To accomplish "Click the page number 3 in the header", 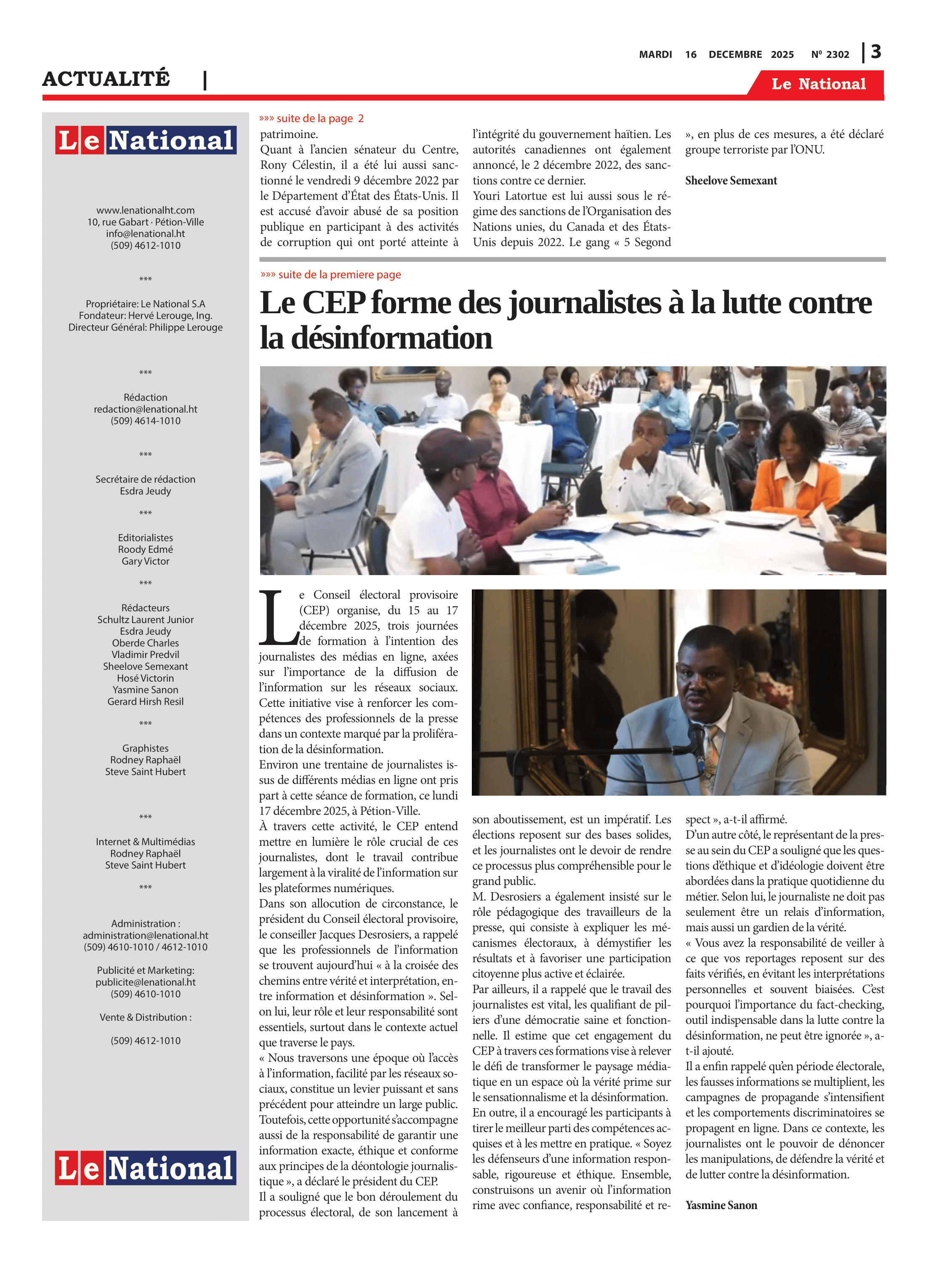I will pyautogui.click(x=876, y=52).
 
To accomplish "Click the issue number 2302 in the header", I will pyautogui.click(x=838, y=54).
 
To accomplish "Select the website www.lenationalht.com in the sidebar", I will pyautogui.click(x=145, y=210).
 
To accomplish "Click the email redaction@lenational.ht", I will pyautogui.click(x=145, y=409).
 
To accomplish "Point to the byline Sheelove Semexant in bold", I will pyautogui.click(x=731, y=181).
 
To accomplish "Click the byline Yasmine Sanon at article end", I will pyautogui.click(x=721, y=1205).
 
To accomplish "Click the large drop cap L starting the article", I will pyautogui.click(x=277, y=617).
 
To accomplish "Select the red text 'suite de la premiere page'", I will pyautogui.click(x=339, y=274).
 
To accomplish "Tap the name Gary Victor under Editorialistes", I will pyautogui.click(x=145, y=561).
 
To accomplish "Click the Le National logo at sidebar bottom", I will pyautogui.click(x=145, y=1168).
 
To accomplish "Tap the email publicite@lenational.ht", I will pyautogui.click(x=145, y=982).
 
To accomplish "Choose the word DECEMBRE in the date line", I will pyautogui.click(x=735, y=54).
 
